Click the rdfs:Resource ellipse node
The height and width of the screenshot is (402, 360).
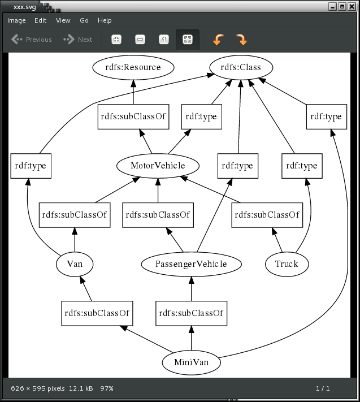(x=133, y=67)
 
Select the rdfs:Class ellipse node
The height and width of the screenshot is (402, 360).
(x=241, y=67)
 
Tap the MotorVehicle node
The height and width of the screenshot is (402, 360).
(x=158, y=166)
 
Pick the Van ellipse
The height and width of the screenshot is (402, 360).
(x=75, y=264)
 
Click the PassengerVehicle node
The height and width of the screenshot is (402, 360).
(x=191, y=264)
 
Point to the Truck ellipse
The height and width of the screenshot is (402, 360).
(x=287, y=264)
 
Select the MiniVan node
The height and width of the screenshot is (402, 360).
(x=191, y=362)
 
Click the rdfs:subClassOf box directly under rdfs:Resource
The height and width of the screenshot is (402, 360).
(x=133, y=116)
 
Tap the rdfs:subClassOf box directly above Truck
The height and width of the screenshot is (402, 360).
(x=267, y=215)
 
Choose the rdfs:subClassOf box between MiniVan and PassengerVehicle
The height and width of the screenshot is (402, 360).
(x=191, y=313)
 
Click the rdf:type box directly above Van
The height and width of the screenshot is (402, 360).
(x=31, y=166)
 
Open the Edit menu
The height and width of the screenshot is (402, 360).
(x=40, y=20)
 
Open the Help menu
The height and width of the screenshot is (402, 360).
(x=105, y=20)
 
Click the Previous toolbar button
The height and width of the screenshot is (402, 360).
(x=32, y=40)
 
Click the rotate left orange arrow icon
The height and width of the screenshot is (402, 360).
(x=218, y=40)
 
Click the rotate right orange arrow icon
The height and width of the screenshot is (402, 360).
(x=241, y=40)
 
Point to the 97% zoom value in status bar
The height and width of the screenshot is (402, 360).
(x=107, y=388)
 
